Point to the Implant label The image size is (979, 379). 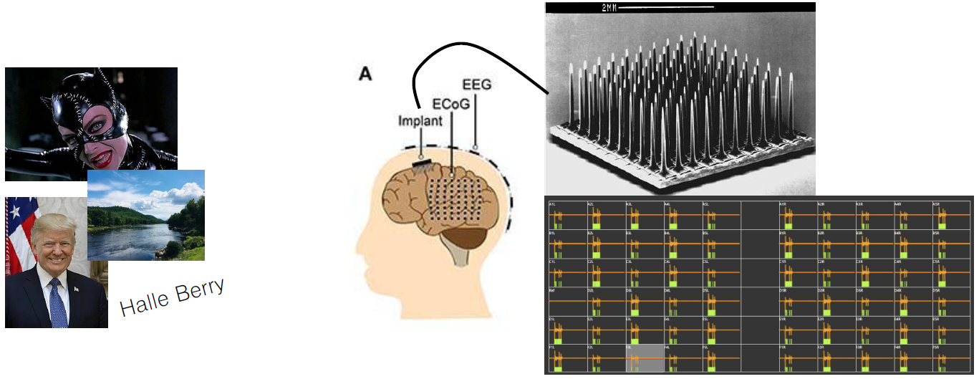[x=420, y=121]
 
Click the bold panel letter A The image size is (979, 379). [x=365, y=73]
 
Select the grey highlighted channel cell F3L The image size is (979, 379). [x=645, y=359]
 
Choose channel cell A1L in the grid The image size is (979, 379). [x=567, y=215]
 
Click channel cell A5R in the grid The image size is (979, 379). [x=950, y=215]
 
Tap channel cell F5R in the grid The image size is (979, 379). [x=950, y=359]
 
